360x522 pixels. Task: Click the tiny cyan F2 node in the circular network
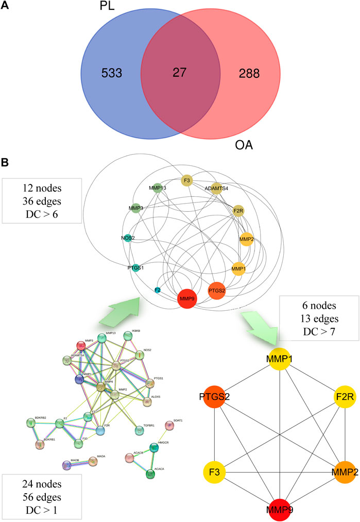(158, 291)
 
